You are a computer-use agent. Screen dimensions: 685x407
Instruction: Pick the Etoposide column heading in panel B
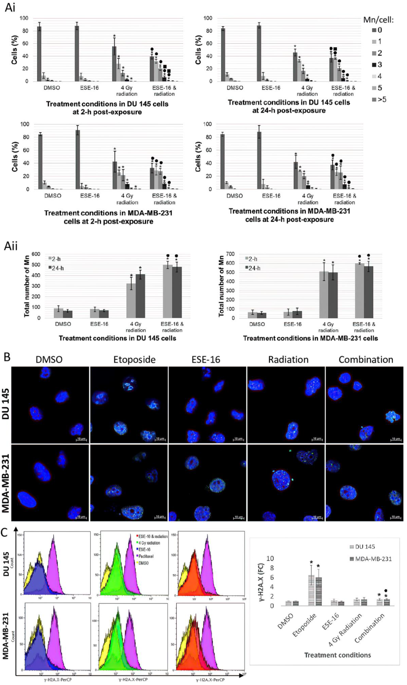134,360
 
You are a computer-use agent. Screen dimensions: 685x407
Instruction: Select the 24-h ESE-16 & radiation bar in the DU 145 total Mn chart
177,292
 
